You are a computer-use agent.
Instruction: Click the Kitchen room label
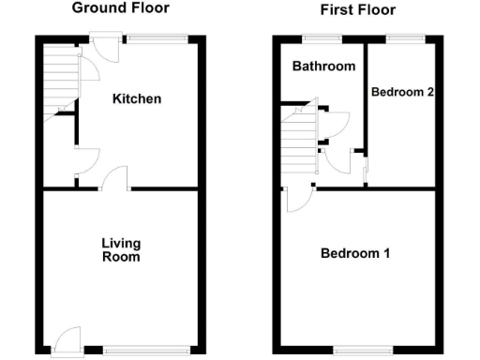pos(137,98)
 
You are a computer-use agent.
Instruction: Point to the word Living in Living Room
pos(121,244)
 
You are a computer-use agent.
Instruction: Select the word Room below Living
pos(122,257)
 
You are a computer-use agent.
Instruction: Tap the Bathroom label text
pos(323,67)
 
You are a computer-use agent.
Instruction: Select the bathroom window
pos(322,37)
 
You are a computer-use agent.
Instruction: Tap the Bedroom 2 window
pos(404,37)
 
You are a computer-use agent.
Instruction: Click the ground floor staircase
pos(56,80)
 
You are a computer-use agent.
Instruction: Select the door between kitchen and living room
pos(114,178)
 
